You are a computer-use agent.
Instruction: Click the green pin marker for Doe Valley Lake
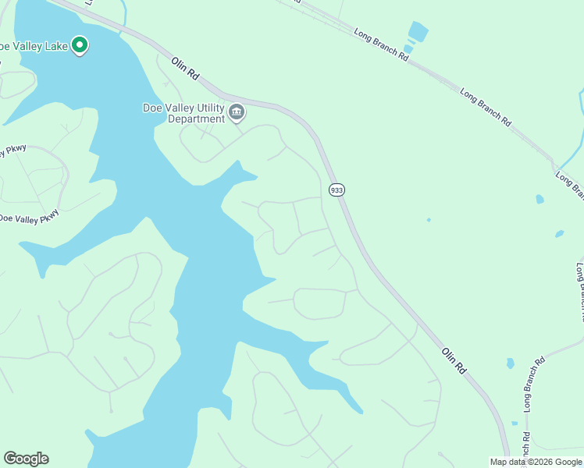point(80,45)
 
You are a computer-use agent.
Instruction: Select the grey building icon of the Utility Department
point(237,114)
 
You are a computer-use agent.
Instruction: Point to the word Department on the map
point(200,119)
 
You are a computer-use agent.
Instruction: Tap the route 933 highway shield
point(337,190)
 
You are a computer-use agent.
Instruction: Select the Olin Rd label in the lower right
point(454,361)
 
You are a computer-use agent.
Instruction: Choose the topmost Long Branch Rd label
point(381,45)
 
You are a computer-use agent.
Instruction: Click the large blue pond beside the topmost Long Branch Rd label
point(418,32)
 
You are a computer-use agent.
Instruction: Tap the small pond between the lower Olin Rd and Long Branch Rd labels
point(510,363)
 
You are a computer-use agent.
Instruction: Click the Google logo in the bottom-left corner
point(26,459)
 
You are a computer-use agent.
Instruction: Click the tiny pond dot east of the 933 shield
point(429,220)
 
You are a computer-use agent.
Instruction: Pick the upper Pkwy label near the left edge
point(14,151)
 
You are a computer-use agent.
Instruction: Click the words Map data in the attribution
point(508,462)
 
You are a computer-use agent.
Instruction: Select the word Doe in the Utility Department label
point(153,108)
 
